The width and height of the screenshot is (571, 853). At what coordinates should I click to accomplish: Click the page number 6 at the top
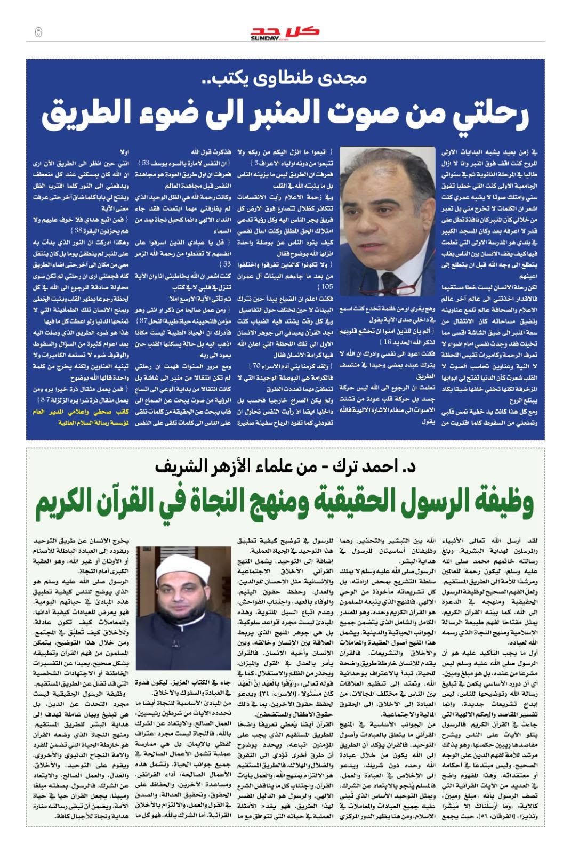click(38, 33)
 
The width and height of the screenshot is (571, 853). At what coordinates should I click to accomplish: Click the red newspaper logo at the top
click(285, 30)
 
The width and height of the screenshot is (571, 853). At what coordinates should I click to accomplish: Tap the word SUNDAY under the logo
click(264, 38)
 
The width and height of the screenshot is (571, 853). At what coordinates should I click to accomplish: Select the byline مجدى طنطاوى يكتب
click(285, 79)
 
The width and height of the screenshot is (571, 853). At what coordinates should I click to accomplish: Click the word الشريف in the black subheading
click(180, 466)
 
